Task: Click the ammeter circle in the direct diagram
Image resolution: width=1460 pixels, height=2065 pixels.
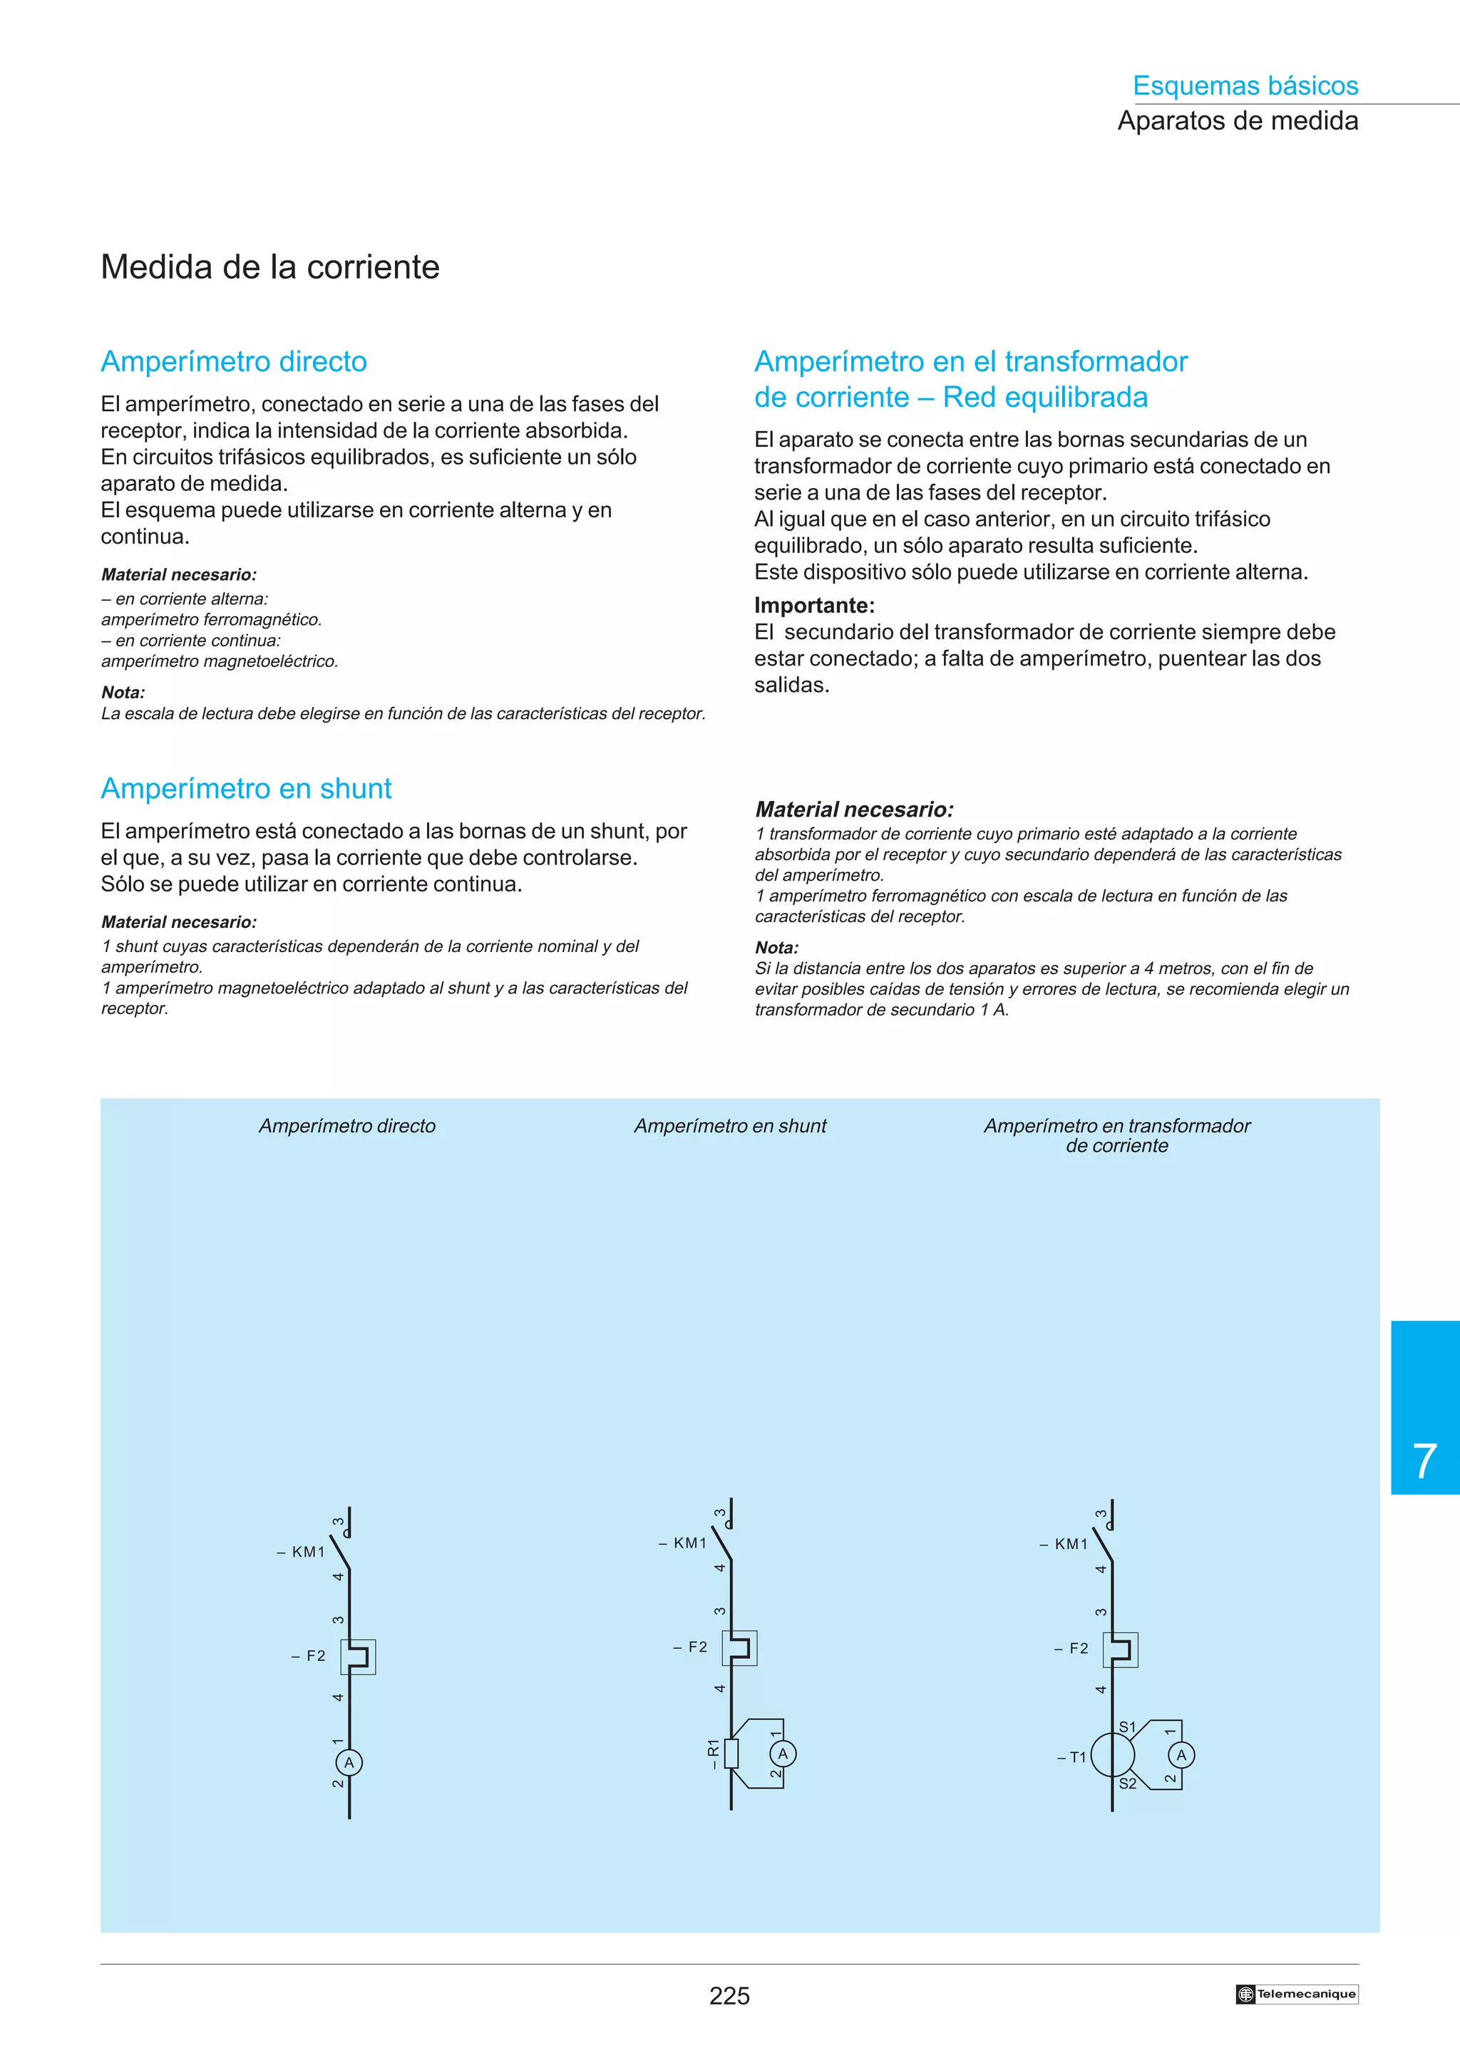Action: (349, 1763)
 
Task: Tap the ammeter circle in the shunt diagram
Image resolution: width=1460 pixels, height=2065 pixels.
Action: (783, 1754)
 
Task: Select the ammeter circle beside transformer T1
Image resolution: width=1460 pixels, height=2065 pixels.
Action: (1181, 1755)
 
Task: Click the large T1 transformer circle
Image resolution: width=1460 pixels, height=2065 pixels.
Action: (1113, 1755)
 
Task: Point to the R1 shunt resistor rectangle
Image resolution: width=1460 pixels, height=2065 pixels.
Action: (731, 1754)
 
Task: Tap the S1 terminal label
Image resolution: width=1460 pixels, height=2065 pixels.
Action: (1127, 1727)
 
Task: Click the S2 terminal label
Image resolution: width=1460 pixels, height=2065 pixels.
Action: (1127, 1784)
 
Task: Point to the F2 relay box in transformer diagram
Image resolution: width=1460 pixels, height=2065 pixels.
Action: (1120, 1650)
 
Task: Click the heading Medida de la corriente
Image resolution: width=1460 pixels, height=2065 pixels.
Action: (270, 267)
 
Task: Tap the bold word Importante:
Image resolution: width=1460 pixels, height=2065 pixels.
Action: (814, 605)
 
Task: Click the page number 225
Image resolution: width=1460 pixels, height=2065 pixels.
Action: (729, 1996)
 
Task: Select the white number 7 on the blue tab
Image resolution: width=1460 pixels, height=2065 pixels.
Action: (1424, 1461)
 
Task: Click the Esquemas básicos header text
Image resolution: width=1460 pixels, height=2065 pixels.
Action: (1245, 86)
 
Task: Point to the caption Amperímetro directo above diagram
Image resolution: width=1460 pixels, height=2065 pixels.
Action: (347, 1126)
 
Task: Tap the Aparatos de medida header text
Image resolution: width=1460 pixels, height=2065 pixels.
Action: (1238, 120)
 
